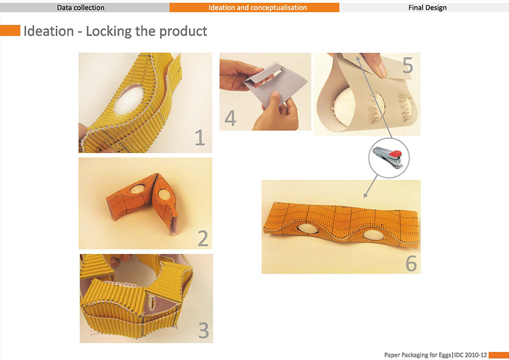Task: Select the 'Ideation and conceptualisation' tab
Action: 254,8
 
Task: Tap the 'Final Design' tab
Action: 424,8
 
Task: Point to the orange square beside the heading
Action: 10,31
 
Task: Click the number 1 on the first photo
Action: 200,137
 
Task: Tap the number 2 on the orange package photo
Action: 203,238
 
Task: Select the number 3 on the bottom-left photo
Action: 204,330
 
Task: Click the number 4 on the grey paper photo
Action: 230,118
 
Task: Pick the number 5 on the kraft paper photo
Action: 408,65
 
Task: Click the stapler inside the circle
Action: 387,157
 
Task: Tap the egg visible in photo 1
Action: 129,100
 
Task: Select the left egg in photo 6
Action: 308,228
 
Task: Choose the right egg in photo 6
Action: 373,235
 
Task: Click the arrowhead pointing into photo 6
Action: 365,196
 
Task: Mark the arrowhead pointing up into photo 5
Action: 358,58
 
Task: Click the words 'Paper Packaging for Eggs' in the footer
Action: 417,355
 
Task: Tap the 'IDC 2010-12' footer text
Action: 470,355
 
